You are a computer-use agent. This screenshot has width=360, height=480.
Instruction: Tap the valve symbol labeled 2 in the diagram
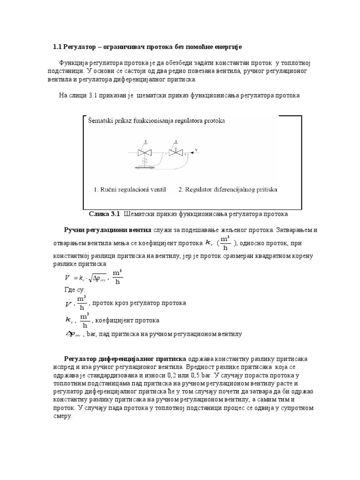click(142, 152)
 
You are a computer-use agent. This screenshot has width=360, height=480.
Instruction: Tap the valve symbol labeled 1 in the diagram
click(175, 152)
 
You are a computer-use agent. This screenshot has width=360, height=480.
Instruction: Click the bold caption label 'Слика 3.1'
click(104, 214)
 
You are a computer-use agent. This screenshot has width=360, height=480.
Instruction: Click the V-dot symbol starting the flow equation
click(67, 277)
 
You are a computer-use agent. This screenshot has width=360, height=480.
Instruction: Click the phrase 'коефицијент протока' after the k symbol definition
click(127, 320)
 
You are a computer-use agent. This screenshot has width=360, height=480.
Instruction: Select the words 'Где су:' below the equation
click(75, 291)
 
